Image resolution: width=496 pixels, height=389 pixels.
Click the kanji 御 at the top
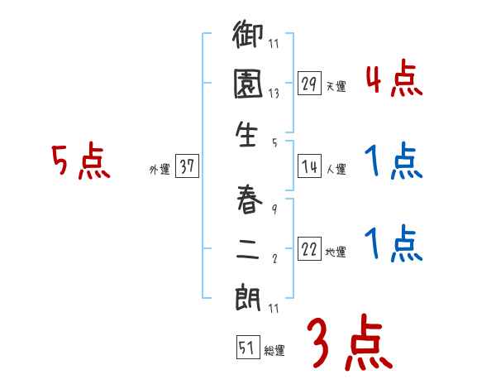(x=249, y=38)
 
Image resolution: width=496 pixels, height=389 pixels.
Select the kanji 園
(x=249, y=85)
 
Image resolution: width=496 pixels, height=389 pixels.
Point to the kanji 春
(x=249, y=199)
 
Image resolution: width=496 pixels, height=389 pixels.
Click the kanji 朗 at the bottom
(x=249, y=296)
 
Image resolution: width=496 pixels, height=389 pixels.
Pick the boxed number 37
(x=187, y=167)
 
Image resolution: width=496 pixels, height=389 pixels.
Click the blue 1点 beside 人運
(x=393, y=162)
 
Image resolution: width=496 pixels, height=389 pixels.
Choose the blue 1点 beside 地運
(x=393, y=244)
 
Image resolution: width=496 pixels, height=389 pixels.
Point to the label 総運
(x=274, y=351)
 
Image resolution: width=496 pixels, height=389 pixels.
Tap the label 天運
(x=336, y=86)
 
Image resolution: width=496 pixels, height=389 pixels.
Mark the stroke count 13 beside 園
(x=274, y=94)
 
